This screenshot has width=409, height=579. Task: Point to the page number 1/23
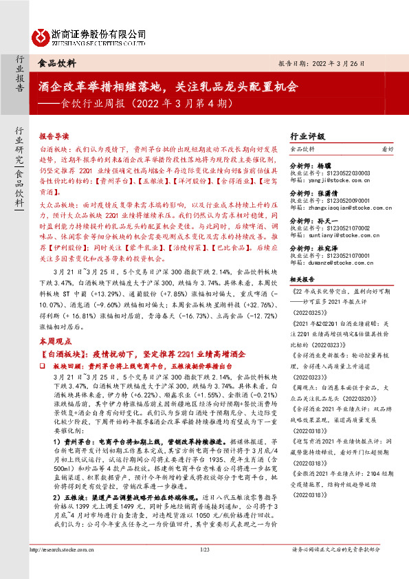[x=204, y=569]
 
